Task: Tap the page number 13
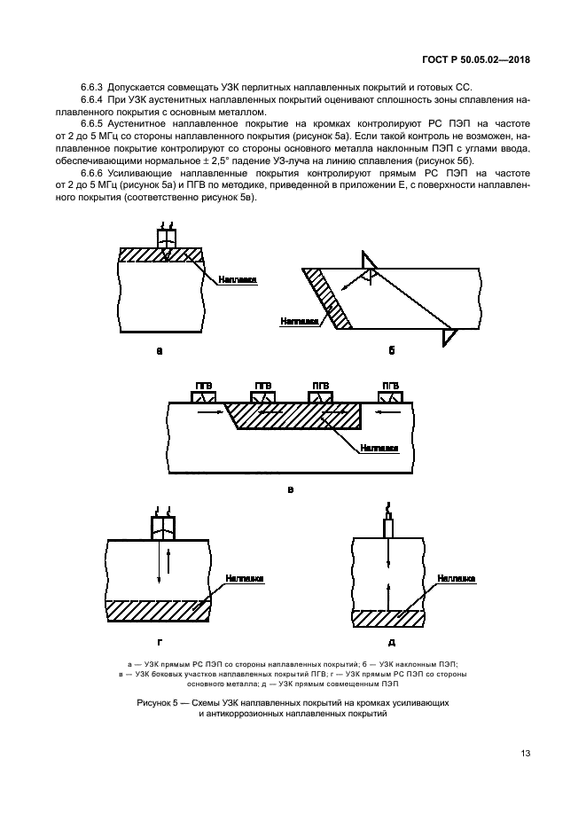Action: pos(525,754)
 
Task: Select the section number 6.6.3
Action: pos(93,87)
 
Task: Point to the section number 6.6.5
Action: pos(93,126)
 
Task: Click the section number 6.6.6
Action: pos(93,174)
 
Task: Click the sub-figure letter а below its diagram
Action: pos(160,351)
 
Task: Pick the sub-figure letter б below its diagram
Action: pos(392,351)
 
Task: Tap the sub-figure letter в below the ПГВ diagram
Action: pos(289,489)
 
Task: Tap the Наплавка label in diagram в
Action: pos(379,449)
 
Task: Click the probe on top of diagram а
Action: pos(166,238)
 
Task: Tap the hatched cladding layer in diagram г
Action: pos(158,611)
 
